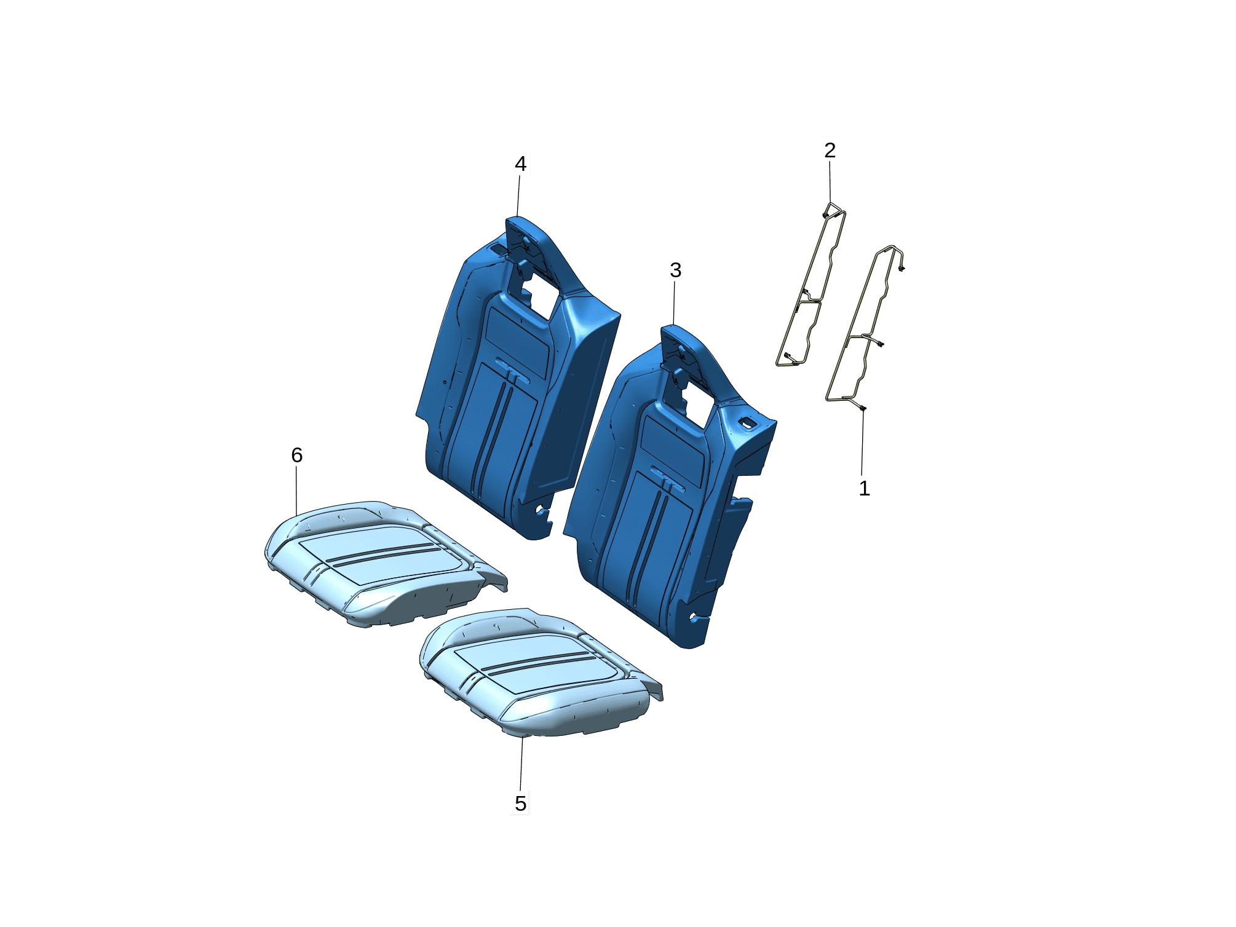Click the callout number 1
[864, 488]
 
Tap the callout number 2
[830, 150]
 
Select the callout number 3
[675, 270]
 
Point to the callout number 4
[520, 164]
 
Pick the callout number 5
[520, 803]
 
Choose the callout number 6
[296, 455]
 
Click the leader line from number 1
[862, 443]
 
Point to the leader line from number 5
[521, 763]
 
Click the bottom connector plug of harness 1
[863, 408]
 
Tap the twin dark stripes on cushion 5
[539, 663]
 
